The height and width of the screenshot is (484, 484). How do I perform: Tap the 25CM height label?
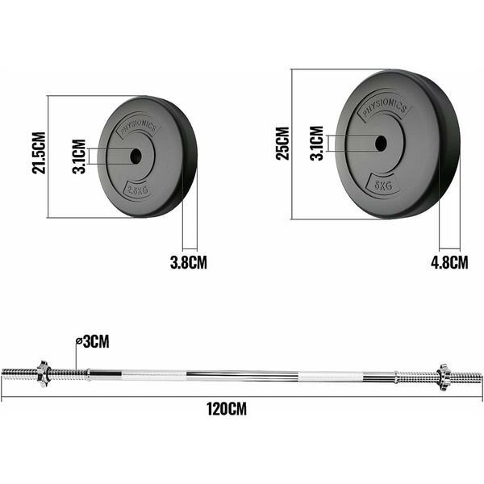(282, 143)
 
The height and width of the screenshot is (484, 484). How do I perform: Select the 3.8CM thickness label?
(188, 262)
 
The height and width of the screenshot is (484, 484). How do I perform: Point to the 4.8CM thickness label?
(449, 262)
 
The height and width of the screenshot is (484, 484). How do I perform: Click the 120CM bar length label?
(227, 408)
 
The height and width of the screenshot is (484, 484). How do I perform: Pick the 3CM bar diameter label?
(94, 342)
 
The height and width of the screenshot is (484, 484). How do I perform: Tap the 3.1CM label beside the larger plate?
(317, 143)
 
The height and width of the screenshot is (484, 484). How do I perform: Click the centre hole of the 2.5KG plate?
(135, 156)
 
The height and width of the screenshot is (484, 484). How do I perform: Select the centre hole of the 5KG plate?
(380, 144)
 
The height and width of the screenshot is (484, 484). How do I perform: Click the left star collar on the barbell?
(43, 373)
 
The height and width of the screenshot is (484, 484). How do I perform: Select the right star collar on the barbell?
(441, 375)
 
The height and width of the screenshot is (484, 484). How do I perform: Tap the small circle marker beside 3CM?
(78, 341)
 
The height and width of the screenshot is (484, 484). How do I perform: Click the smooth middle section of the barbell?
(242, 374)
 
